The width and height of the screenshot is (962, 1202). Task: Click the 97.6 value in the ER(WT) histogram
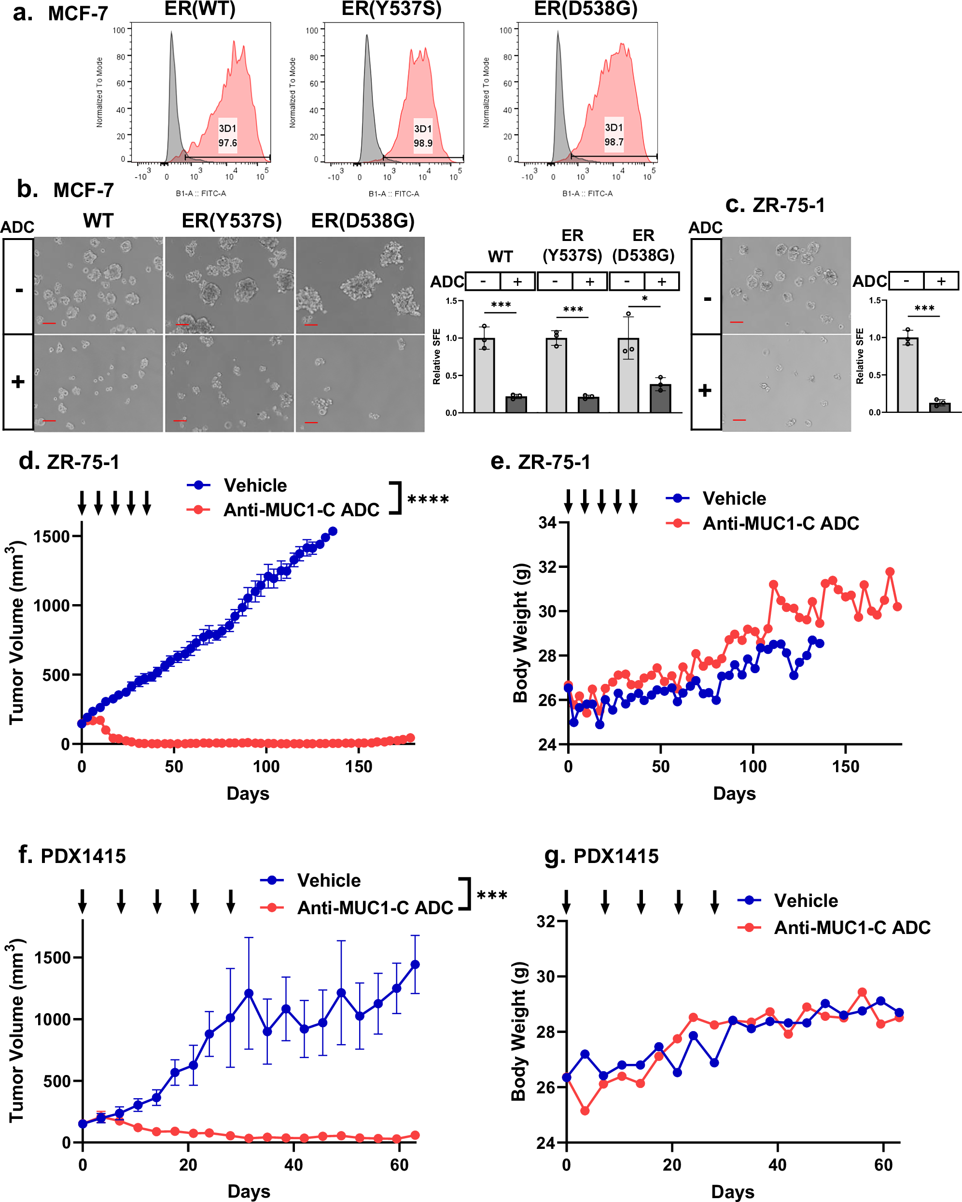pos(227,143)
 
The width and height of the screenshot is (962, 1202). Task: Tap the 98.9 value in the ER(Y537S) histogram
pos(423,143)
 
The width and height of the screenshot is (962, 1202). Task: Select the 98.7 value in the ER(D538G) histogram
pos(613,142)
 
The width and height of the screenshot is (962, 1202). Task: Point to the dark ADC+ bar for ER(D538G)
pos(660,398)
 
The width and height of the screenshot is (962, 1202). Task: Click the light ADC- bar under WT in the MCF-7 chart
pos(484,375)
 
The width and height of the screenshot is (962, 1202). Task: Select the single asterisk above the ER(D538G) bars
pos(645,299)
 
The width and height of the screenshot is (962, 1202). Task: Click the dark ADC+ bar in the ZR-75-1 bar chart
pos(940,407)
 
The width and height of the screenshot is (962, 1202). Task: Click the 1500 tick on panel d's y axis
pos(51,537)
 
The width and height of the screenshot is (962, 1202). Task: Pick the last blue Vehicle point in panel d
pos(333,531)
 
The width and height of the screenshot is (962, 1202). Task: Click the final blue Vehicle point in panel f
pos(415,964)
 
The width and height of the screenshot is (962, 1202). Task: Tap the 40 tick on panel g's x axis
pos(777,1165)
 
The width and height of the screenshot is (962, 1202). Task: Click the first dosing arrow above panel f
pos(83,901)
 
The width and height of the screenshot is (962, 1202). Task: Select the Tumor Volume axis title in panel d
pos(17,633)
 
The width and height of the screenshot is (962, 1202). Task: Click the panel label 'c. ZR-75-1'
pos(775,205)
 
